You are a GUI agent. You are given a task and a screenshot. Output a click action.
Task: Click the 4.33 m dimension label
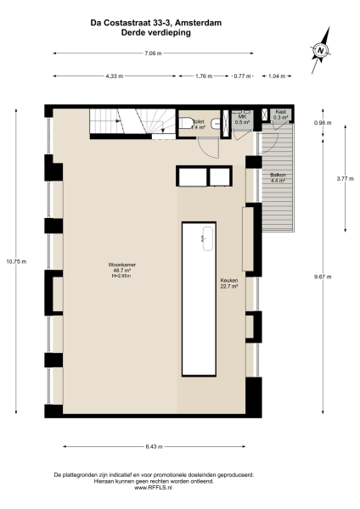[115, 76]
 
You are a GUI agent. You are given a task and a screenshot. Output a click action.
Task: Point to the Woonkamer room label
[119, 269]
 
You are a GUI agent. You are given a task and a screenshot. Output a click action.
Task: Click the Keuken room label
[228, 282]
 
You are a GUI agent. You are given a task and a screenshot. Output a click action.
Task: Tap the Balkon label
[278, 177]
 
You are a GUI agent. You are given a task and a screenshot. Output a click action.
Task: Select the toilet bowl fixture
[186, 124]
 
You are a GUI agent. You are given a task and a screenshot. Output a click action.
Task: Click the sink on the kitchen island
[205, 238]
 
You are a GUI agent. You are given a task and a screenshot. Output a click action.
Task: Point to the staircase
[127, 123]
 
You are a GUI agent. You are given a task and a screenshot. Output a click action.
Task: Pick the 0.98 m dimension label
[323, 122]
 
